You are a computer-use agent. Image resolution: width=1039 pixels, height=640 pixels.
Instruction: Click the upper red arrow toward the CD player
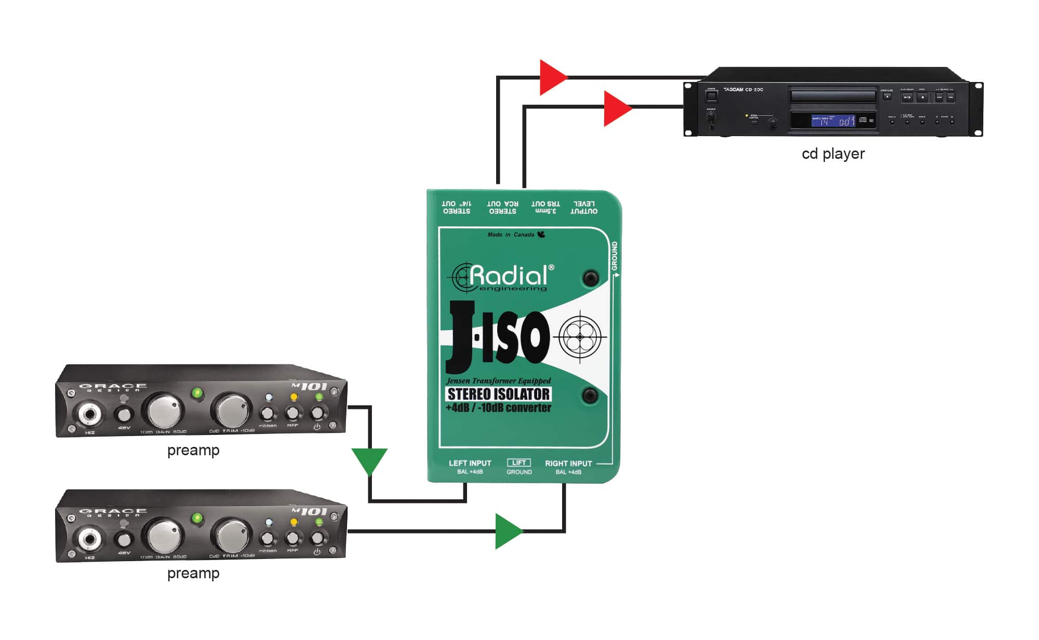click(x=552, y=78)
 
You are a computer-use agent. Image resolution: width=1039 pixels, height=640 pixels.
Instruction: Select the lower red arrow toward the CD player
click(x=616, y=108)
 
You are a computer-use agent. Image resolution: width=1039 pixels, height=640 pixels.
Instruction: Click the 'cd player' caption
click(x=833, y=154)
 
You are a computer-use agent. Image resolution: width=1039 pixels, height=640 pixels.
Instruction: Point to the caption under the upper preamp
click(x=193, y=451)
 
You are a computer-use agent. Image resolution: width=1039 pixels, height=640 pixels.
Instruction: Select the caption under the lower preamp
click(x=193, y=574)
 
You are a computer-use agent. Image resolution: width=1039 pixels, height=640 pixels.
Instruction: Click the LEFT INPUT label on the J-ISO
click(x=470, y=464)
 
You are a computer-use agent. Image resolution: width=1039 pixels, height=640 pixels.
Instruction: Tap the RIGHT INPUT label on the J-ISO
click(x=568, y=464)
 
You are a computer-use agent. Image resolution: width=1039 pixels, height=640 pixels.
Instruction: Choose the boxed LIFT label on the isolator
click(x=519, y=462)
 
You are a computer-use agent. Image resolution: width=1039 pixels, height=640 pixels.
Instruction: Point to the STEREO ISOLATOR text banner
click(x=498, y=394)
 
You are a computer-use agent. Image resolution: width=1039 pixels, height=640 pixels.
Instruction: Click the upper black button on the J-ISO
click(x=590, y=278)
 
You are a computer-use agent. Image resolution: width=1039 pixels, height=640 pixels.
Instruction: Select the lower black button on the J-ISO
click(x=590, y=396)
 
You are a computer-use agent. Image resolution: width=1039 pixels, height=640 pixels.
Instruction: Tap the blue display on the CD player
click(x=833, y=121)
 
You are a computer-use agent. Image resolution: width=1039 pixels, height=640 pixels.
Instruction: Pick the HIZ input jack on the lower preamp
click(x=89, y=540)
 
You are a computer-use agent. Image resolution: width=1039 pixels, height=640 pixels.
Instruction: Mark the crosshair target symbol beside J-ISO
click(x=580, y=337)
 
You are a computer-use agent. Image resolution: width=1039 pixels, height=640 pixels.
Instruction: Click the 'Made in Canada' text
click(x=511, y=235)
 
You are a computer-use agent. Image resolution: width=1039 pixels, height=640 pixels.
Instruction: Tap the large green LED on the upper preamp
click(x=197, y=393)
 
